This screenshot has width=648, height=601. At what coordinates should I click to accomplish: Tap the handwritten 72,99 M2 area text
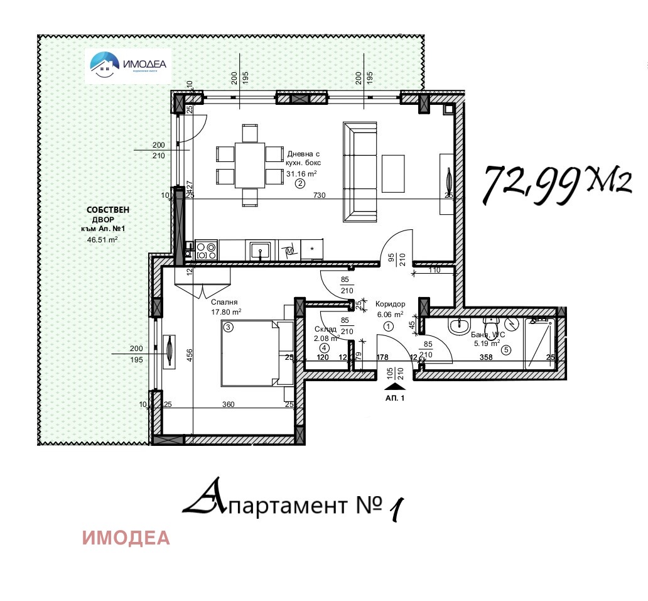pyautogui.click(x=555, y=185)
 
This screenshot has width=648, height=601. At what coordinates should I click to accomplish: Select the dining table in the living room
pyautogui.click(x=250, y=165)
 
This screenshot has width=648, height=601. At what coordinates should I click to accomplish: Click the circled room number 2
pyautogui.click(x=300, y=184)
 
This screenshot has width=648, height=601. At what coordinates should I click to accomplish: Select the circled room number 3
pyautogui.click(x=229, y=327)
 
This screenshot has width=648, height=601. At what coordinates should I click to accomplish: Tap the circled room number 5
pyautogui.click(x=506, y=350)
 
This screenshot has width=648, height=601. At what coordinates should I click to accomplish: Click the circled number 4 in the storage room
pyautogui.click(x=324, y=347)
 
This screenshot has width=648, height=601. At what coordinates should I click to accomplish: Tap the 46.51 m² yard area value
pyautogui.click(x=103, y=239)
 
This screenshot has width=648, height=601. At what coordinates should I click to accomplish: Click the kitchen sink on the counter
pyautogui.click(x=260, y=251)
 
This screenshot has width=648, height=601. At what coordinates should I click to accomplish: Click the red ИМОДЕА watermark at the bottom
pyautogui.click(x=126, y=538)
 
